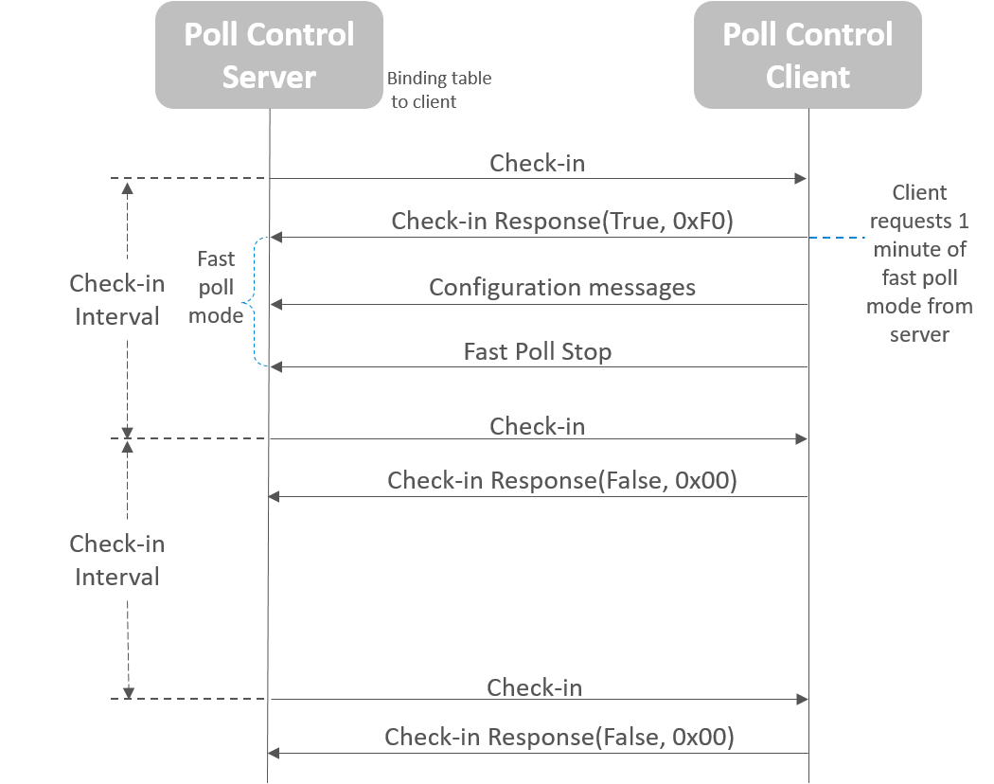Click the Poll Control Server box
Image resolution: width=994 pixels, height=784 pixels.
(x=269, y=55)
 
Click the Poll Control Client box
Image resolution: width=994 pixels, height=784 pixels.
(x=808, y=55)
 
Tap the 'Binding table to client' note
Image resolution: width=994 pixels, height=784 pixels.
(x=438, y=90)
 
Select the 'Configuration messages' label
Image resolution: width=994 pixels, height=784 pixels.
(x=561, y=287)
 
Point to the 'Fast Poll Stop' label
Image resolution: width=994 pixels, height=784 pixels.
(x=537, y=351)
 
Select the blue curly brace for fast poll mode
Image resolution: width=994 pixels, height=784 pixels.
(x=251, y=302)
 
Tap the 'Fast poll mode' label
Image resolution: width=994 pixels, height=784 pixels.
(x=215, y=287)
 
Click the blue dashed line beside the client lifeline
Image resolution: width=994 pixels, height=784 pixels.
(x=838, y=238)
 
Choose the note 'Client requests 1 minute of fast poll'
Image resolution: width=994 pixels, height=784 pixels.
(x=919, y=263)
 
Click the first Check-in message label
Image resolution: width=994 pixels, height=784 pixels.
(x=537, y=163)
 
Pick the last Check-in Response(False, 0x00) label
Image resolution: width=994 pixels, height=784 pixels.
(x=559, y=737)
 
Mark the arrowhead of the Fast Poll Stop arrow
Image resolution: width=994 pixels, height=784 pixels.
(x=275, y=367)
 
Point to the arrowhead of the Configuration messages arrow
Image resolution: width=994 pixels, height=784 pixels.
(x=275, y=305)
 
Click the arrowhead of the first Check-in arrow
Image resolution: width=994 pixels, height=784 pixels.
(x=802, y=178)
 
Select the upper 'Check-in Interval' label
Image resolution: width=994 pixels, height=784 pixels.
(x=116, y=300)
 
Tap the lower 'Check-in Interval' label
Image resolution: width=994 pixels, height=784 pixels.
(x=116, y=561)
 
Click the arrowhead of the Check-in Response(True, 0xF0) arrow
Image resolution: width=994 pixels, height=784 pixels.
(x=275, y=238)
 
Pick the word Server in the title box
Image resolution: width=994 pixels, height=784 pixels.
(x=269, y=77)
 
